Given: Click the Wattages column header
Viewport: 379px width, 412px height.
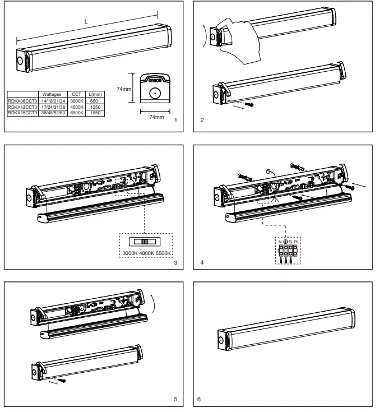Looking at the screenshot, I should [51, 95].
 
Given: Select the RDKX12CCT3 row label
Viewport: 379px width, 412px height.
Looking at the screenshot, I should [22, 107].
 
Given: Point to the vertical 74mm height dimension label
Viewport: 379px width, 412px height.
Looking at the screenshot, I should [124, 88].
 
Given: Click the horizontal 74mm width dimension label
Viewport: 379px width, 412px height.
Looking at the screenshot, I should [156, 117].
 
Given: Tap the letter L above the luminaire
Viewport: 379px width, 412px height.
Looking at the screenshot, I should [85, 21].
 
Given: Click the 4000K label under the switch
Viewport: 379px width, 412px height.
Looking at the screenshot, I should [147, 254].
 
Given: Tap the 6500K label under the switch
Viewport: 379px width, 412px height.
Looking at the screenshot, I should [163, 254].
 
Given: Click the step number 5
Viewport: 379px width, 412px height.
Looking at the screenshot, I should [175, 400].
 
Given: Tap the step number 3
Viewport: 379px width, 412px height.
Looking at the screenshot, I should [175, 263].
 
